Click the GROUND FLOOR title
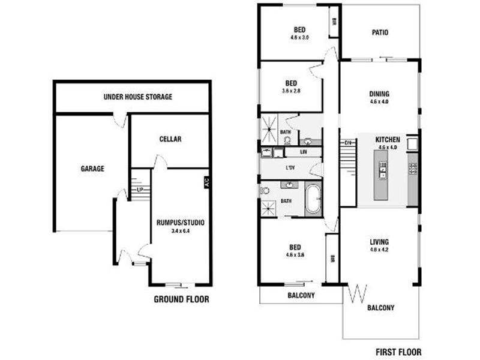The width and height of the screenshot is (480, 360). [181, 299]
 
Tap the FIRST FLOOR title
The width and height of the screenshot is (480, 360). [398, 352]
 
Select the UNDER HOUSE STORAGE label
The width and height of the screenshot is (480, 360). [138, 97]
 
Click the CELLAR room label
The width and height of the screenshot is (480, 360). [170, 139]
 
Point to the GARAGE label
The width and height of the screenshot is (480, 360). [92, 169]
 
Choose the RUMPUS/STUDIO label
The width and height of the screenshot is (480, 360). [180, 223]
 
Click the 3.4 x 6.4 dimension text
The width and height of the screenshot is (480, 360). [180, 230]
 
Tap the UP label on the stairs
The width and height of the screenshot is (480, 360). [140, 190]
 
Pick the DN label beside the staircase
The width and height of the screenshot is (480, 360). [348, 142]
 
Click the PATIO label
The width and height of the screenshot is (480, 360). [380, 32]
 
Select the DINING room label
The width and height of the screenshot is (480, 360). [379, 94]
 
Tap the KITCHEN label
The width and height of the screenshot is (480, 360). [388, 139]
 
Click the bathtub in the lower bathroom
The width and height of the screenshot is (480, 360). [313, 200]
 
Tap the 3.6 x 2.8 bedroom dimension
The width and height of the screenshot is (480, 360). [292, 91]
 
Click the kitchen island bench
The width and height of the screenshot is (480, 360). [382, 174]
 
